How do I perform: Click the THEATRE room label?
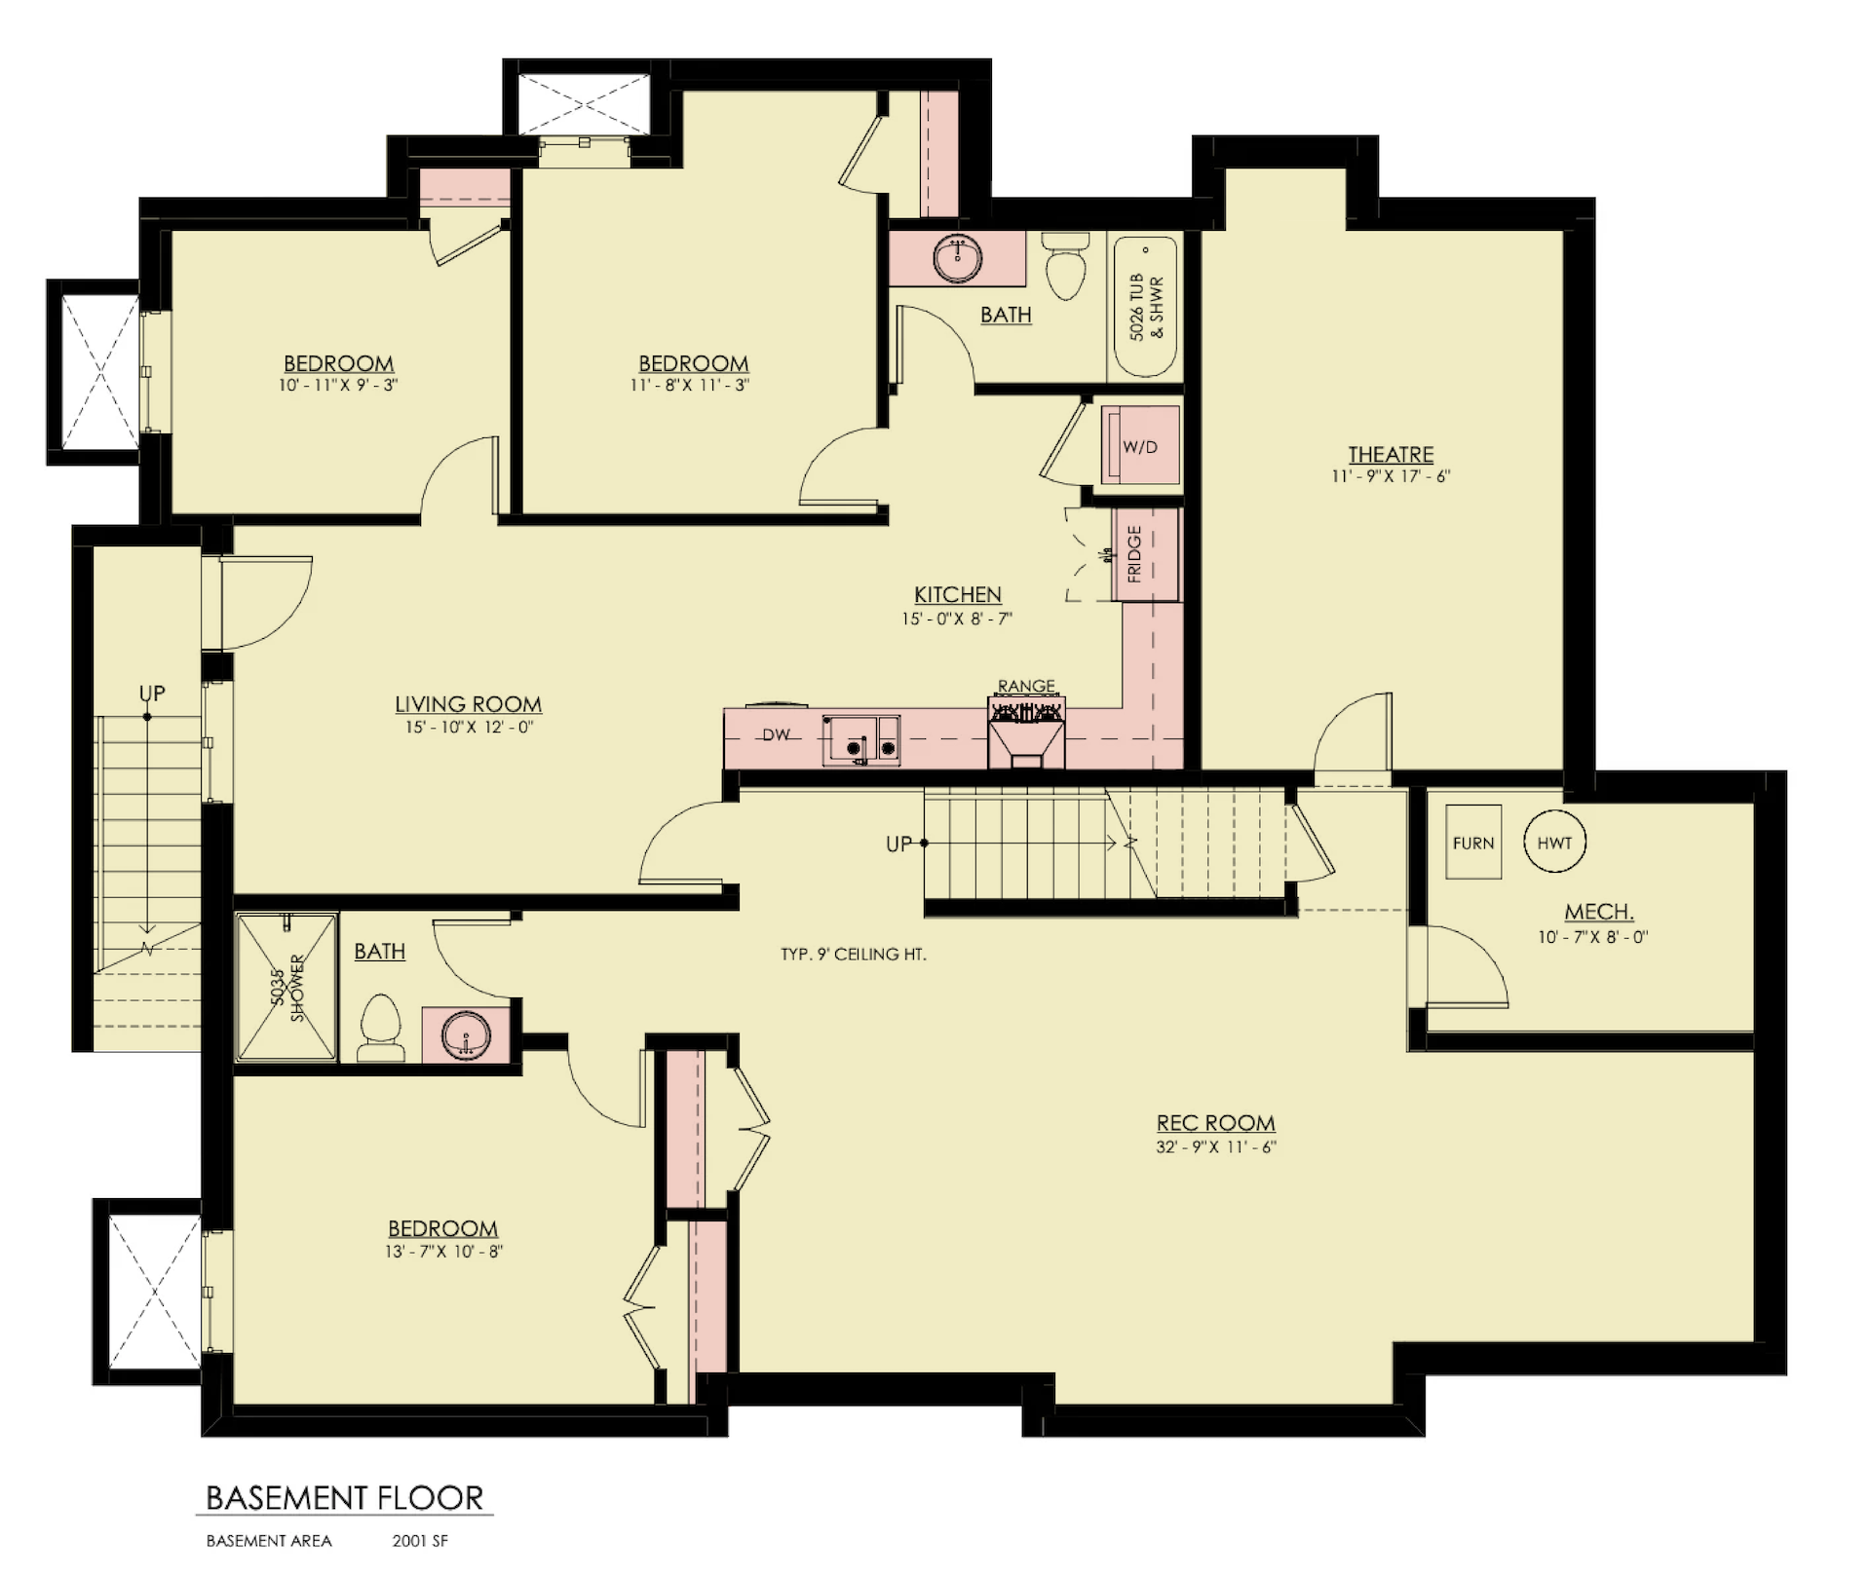[1391, 454]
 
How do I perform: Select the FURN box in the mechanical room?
[1473, 843]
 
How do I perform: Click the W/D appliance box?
[1140, 445]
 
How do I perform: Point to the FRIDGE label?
[1134, 554]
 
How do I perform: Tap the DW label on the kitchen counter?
[776, 735]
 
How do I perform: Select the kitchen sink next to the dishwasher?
[861, 740]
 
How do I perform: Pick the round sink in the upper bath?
[958, 258]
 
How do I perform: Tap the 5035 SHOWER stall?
[287, 986]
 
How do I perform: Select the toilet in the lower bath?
[381, 1028]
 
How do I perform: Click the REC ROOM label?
[1216, 1123]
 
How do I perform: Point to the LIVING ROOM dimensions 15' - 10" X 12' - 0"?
[470, 728]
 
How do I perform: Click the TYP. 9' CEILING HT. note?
[854, 955]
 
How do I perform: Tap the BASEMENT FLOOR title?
[345, 1497]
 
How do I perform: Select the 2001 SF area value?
[420, 1541]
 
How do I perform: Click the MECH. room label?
[1599, 913]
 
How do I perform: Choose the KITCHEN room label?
[958, 594]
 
